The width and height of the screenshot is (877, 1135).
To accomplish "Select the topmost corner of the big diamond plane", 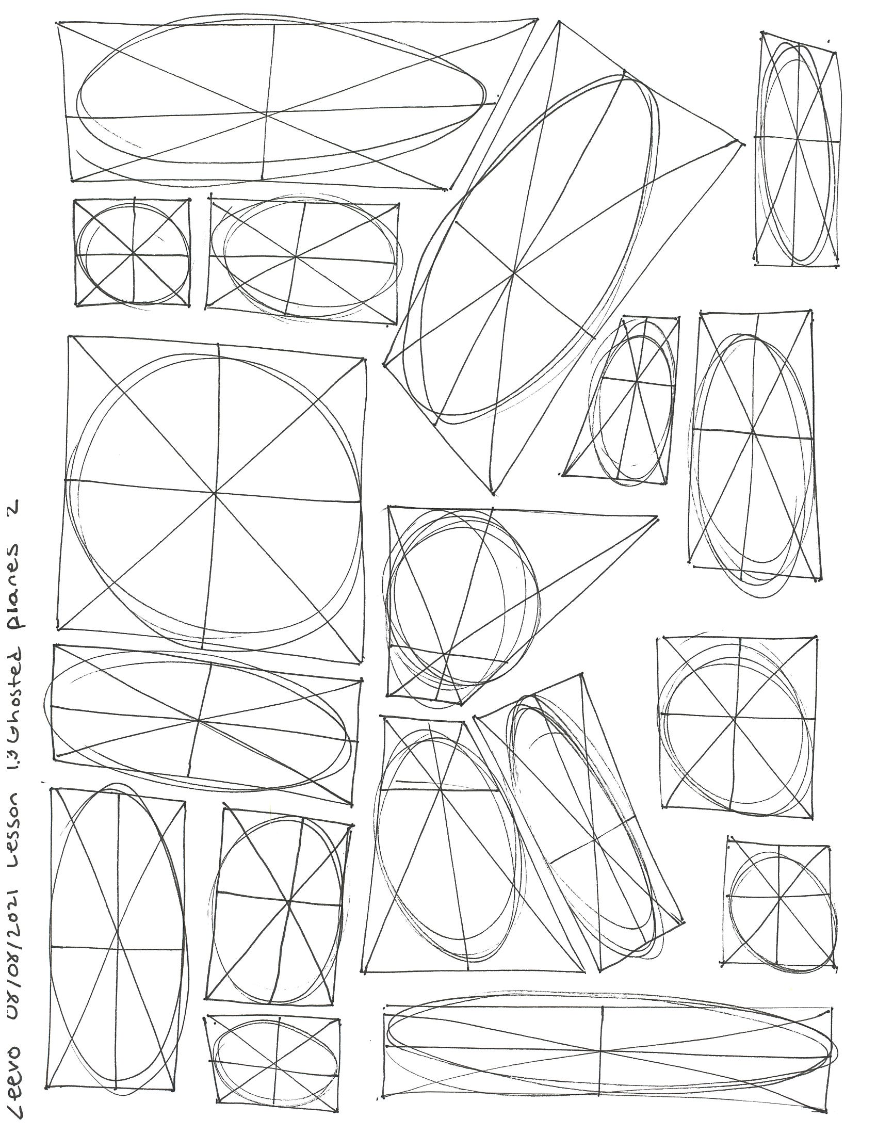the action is pos(559,21).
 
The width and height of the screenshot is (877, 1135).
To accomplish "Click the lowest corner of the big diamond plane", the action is pos(493,494).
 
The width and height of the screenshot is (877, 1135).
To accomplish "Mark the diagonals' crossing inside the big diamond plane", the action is pos(513,271).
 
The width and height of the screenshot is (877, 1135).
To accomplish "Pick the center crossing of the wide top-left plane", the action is pos(267,113).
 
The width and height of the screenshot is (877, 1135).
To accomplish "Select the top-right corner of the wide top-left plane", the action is pos(537,20).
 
